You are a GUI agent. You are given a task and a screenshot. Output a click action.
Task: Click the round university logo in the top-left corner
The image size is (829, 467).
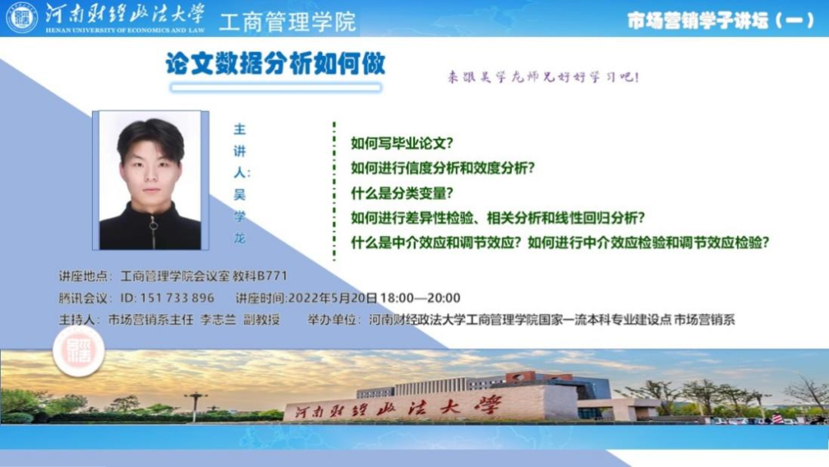point(21,18)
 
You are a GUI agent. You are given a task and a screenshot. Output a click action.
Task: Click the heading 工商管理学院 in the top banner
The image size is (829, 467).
point(288,22)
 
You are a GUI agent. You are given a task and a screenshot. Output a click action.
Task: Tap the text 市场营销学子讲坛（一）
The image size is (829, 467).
point(721,20)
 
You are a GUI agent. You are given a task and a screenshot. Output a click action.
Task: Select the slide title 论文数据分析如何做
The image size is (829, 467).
point(276,64)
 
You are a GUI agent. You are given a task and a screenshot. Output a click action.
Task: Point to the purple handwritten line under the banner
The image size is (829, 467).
point(543,78)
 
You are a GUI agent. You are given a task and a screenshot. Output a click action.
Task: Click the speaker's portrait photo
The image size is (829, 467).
point(150,181)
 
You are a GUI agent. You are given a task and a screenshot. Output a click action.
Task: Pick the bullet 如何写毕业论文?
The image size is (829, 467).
point(401,143)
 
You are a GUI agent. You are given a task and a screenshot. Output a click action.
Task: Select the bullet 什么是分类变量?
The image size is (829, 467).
point(401,193)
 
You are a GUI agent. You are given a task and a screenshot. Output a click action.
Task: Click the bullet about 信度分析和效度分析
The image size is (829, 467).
point(443,168)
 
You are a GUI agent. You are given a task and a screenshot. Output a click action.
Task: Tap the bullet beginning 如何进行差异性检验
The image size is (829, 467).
point(497,218)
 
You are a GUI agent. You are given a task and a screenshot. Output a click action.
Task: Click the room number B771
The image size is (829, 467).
point(272,276)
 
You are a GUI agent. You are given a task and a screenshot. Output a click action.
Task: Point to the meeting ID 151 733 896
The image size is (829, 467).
point(167,298)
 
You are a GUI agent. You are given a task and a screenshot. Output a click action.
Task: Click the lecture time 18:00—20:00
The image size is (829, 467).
point(420,298)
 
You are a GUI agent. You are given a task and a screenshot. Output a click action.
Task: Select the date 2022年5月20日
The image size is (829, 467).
point(332,298)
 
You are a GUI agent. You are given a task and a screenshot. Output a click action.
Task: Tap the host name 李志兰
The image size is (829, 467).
point(218,320)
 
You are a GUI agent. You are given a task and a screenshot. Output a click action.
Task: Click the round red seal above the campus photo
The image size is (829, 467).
point(79,351)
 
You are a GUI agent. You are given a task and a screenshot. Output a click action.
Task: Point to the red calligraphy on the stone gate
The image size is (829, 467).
point(398,407)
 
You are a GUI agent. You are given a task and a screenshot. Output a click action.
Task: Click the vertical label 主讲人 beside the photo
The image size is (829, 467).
point(240,151)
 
